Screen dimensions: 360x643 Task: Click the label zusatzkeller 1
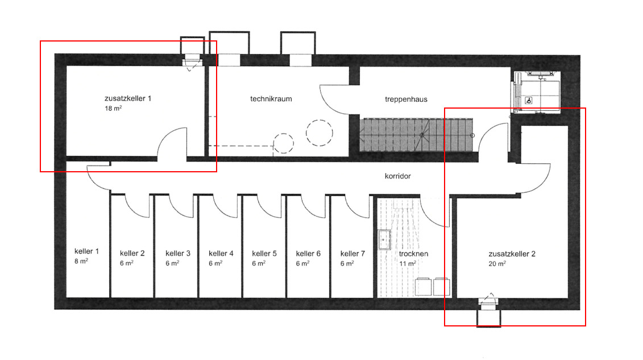pos(127,98)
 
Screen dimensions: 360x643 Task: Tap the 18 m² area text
pos(113,107)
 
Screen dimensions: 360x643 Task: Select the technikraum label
pos(271,98)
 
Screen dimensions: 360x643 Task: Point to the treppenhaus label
pos(406,99)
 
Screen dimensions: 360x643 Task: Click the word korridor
pos(397,176)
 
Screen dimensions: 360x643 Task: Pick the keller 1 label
pos(86,251)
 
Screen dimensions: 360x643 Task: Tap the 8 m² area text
pos(81,261)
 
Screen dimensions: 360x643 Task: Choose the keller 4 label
pos(221,253)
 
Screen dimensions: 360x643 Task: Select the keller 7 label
pos(352,253)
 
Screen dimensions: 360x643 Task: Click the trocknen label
pos(413,254)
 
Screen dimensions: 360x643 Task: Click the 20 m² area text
pos(497,263)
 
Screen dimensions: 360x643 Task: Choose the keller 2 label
pos(132,253)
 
